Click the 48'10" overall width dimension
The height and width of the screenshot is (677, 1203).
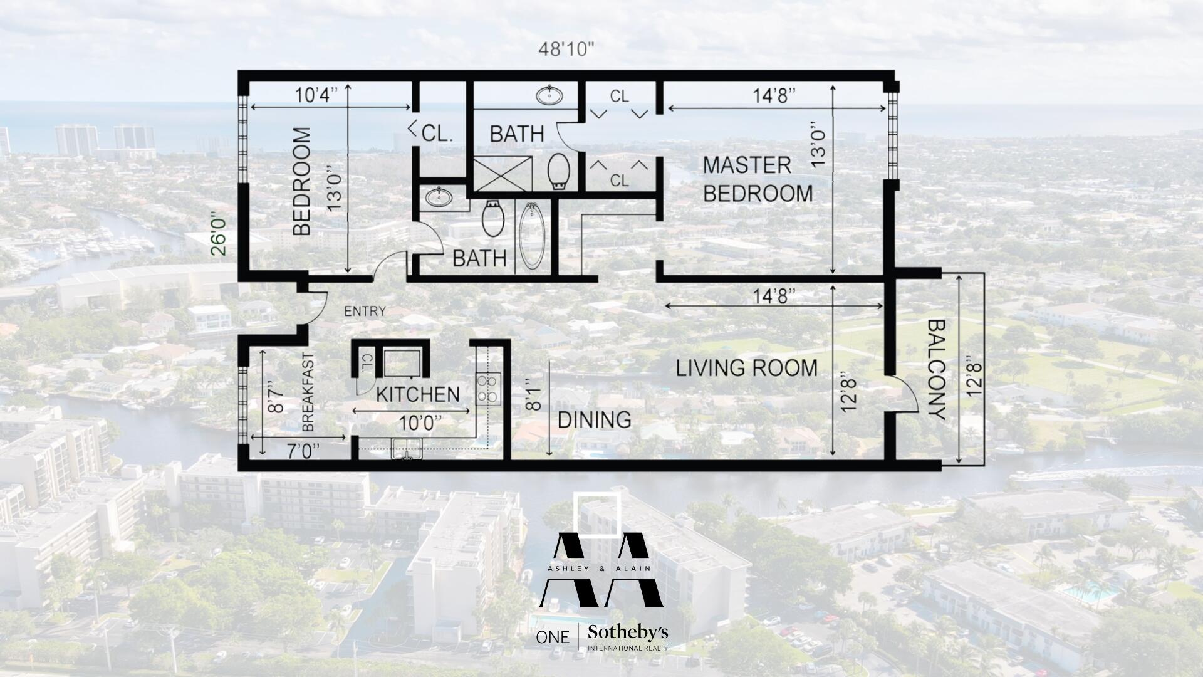[566, 50]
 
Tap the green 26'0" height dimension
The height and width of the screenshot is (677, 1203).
[219, 235]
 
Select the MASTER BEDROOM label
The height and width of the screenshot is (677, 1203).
[757, 179]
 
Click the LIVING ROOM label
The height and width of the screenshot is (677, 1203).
[746, 368]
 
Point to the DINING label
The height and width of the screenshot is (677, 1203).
[594, 420]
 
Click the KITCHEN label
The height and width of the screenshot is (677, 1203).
[418, 394]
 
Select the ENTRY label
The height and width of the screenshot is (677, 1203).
[365, 311]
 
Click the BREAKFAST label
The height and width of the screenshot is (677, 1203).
[308, 393]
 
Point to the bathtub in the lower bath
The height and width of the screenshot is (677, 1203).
[532, 236]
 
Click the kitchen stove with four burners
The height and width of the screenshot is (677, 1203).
[488, 388]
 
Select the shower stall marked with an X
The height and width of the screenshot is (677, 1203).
[502, 174]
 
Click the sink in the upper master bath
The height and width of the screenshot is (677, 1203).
[549, 96]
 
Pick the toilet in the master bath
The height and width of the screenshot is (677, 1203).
[559, 171]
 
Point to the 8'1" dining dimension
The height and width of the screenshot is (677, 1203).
[533, 394]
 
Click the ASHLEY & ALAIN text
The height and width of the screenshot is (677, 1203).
[600, 569]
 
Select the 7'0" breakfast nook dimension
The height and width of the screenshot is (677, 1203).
[303, 451]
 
